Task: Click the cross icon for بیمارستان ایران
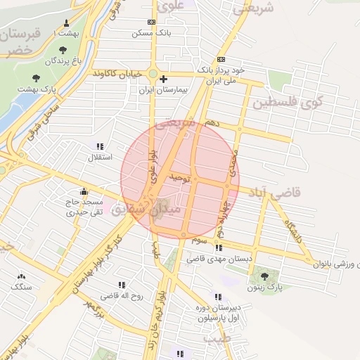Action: [x=163, y=79]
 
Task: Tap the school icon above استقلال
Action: [x=100, y=146]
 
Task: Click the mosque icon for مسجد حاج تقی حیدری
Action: [x=84, y=191]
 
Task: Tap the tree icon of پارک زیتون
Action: [x=265, y=276]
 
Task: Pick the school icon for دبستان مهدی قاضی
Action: [x=219, y=247]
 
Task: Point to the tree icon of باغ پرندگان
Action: [x=64, y=51]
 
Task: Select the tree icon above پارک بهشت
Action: [x=36, y=77]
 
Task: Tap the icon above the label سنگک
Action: [x=20, y=276]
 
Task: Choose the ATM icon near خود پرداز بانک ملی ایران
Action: [x=221, y=59]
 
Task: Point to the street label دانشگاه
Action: [x=293, y=229]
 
